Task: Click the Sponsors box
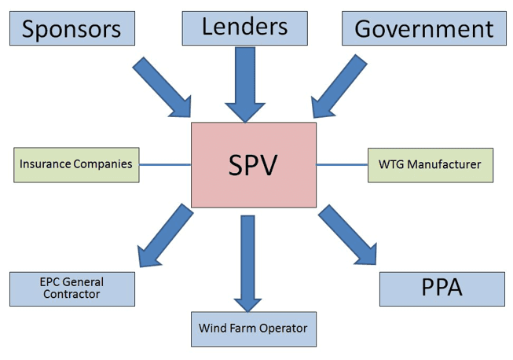72,29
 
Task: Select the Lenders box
245,28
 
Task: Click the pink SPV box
254,164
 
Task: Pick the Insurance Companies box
76,164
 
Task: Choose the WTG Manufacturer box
431,164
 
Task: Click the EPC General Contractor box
71,288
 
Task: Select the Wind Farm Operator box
253,328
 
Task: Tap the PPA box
442,288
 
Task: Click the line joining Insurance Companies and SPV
165,164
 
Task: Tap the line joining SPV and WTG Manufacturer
342,164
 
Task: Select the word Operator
282,328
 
